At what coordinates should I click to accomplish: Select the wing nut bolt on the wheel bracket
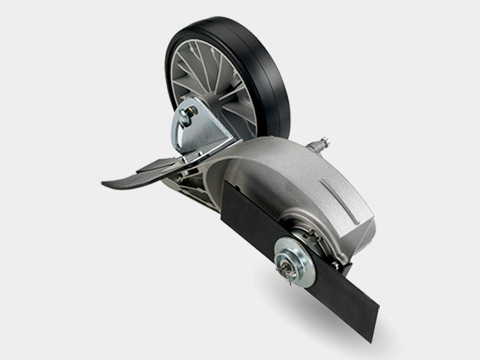pyautogui.click(x=187, y=113)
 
